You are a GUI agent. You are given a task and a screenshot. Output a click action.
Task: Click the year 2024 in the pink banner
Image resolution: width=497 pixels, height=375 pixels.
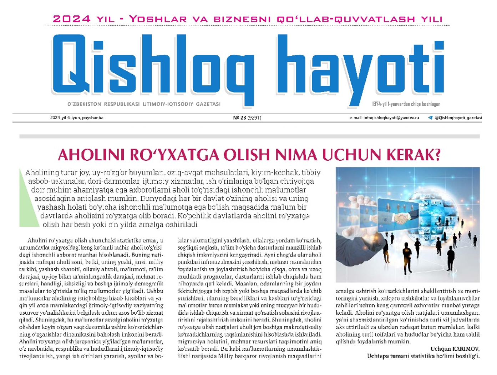pos(72,19)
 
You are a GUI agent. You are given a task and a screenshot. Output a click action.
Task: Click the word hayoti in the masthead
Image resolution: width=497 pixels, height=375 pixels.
pos(360,68)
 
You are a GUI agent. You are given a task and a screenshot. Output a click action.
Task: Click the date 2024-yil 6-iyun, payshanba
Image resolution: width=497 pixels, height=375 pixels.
pos(77,117)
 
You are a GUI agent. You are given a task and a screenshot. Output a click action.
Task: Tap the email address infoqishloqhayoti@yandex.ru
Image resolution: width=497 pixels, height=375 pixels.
pos(384,117)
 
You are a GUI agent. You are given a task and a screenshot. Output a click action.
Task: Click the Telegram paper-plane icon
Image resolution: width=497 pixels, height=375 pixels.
pos(430,117)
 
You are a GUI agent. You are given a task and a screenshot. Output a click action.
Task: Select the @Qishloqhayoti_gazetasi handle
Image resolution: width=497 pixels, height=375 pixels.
pos(458,117)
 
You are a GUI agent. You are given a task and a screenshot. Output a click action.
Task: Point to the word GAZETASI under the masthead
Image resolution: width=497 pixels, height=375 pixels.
pos(208,104)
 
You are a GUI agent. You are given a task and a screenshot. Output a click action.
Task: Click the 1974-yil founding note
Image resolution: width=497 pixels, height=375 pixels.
pos(406,104)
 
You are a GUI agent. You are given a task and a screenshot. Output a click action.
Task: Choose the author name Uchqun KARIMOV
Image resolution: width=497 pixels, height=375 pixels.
pos(455,349)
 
